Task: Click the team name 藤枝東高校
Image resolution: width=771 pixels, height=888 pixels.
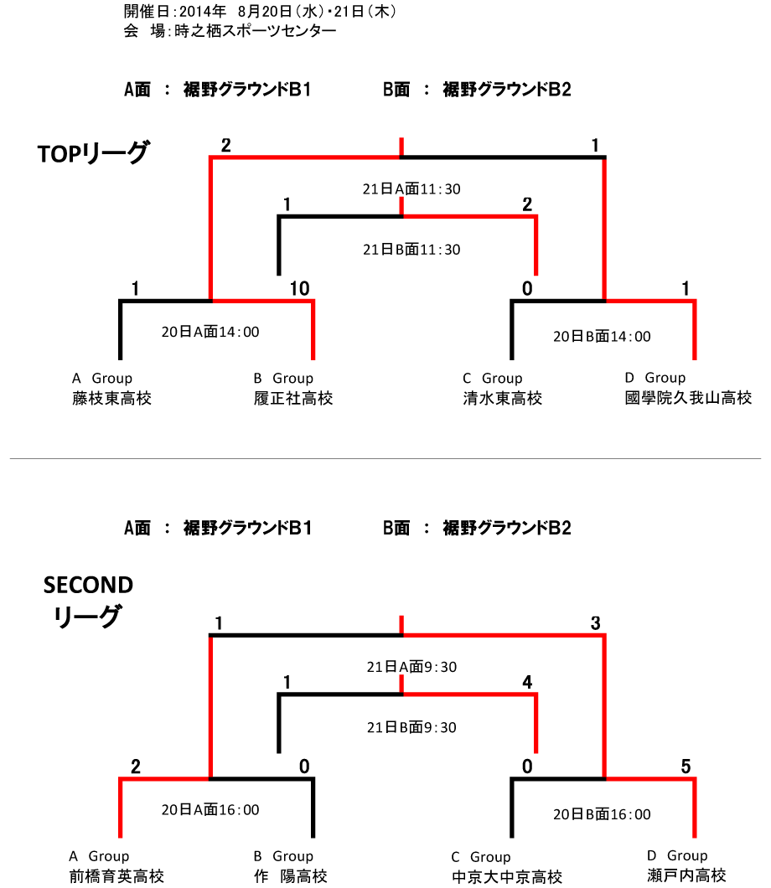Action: [111, 398]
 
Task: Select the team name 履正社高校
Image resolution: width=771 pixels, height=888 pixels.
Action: [292, 398]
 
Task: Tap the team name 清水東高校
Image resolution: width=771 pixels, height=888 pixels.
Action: [503, 398]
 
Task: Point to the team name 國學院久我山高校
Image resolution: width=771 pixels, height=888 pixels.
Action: [688, 398]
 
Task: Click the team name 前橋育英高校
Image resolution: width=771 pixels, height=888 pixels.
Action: [116, 876]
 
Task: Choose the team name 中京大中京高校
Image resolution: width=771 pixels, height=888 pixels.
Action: [507, 876]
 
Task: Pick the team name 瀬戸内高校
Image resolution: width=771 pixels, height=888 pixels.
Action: [686, 875]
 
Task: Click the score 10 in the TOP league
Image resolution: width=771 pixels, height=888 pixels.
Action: [300, 289]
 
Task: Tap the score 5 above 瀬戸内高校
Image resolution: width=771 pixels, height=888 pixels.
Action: [686, 767]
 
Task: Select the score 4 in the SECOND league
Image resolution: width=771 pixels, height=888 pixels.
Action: [527, 682]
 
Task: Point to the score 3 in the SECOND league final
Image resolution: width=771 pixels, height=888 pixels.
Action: [595, 623]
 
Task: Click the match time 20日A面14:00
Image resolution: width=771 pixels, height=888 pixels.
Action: [210, 332]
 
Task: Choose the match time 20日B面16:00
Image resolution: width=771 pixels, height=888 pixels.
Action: [602, 814]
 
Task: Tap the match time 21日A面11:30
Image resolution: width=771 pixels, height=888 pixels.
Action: [411, 189]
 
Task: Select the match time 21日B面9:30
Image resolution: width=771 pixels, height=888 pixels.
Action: [411, 727]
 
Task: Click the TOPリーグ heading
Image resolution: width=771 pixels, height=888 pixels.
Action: [94, 153]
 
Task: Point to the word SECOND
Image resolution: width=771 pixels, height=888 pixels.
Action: [88, 585]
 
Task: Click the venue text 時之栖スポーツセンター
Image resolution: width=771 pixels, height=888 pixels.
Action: [256, 31]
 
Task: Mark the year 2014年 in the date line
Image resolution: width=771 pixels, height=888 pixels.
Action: [203, 12]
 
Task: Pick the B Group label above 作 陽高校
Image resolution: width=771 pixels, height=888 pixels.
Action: [283, 855]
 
